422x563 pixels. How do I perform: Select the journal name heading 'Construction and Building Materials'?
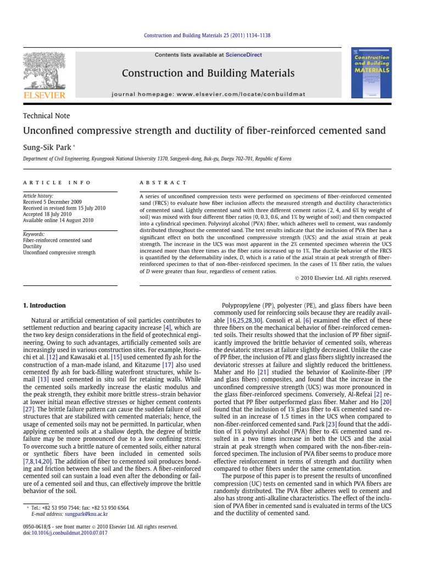(x=208, y=73)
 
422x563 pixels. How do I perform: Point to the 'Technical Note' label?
(x=46, y=115)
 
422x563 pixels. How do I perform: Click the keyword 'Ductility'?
(x=32, y=247)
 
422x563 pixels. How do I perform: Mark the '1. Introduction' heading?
(x=44, y=306)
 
